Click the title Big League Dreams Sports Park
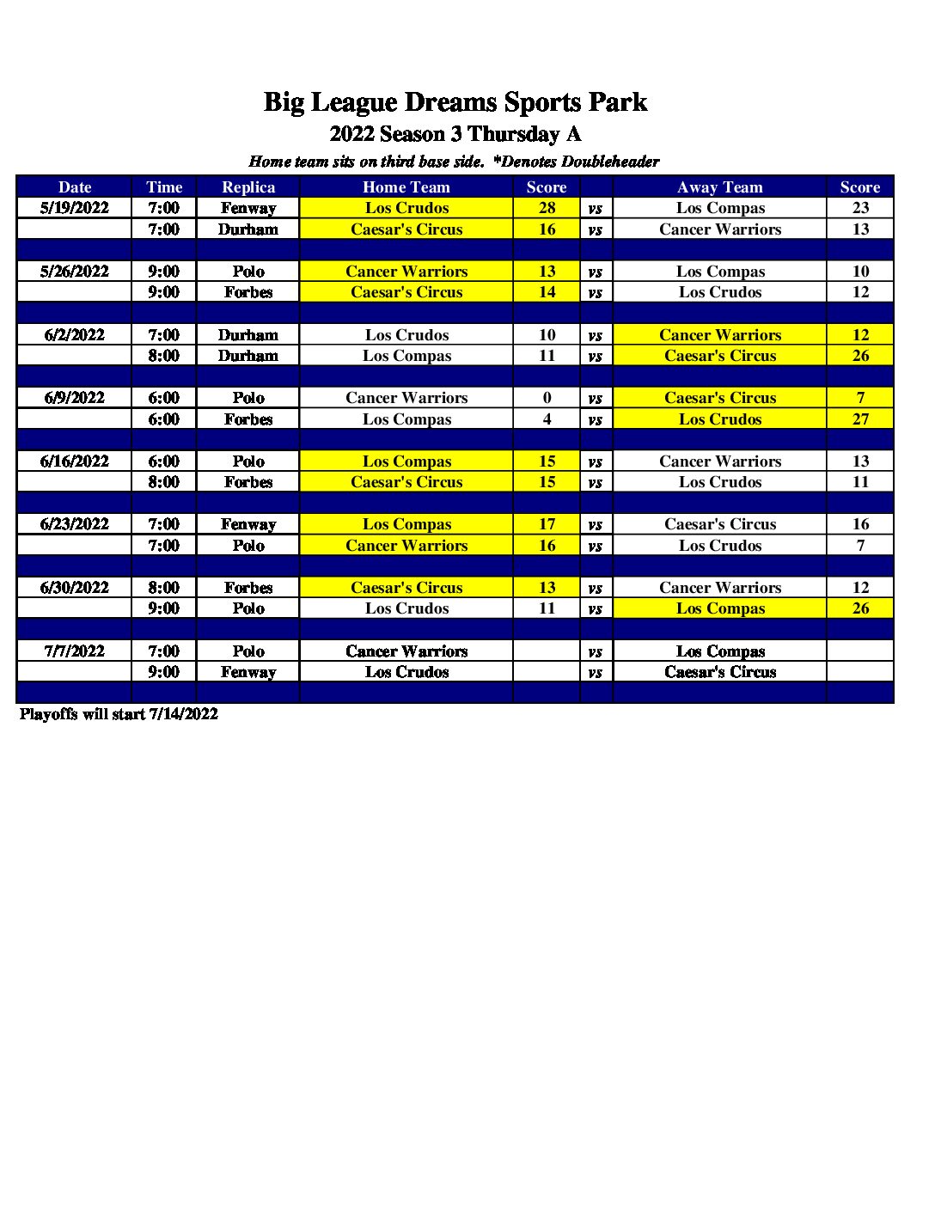(455, 102)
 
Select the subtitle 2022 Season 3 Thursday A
(455, 134)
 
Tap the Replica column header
(248, 187)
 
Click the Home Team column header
(406, 187)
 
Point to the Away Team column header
(719, 187)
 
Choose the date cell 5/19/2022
(75, 208)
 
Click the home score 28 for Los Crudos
(547, 208)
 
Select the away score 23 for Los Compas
(860, 208)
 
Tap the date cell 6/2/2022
(75, 335)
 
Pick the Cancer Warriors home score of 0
(547, 398)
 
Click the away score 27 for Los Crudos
(860, 419)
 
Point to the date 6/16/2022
(75, 461)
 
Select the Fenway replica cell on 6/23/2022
(248, 524)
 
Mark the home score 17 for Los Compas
(547, 524)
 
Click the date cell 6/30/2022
(75, 588)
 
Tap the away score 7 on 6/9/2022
(860, 398)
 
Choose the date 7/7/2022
(75, 651)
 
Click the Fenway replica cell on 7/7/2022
(248, 672)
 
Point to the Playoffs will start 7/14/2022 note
(119, 714)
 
